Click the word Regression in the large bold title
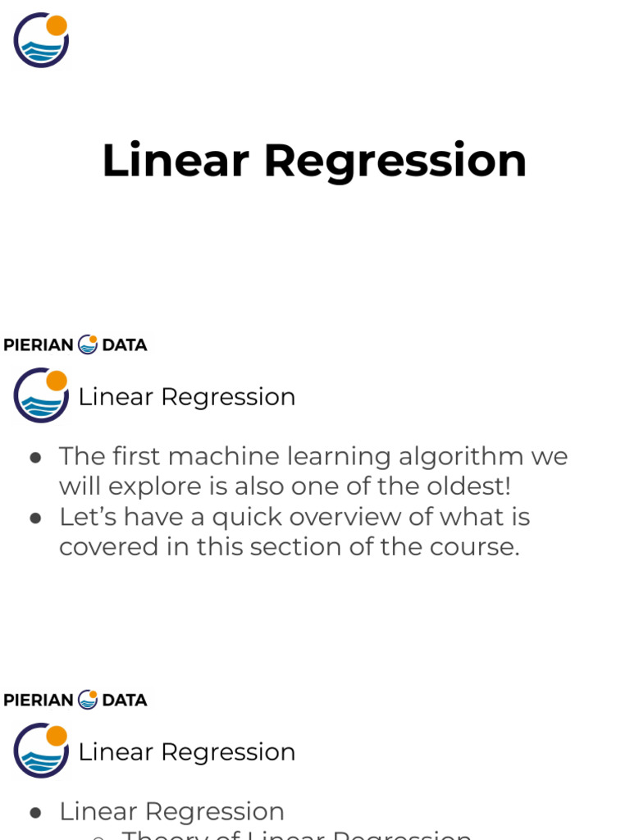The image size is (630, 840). click(x=395, y=161)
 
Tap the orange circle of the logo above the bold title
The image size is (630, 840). click(x=57, y=25)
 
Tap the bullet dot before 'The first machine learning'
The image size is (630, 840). click(x=35, y=458)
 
